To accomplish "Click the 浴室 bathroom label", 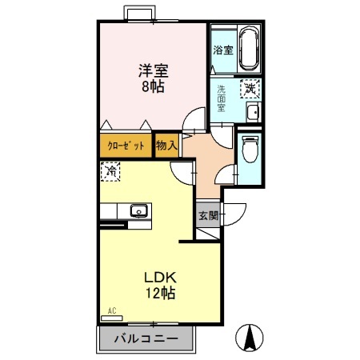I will click(x=222, y=50).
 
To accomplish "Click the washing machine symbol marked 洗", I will click(x=250, y=89).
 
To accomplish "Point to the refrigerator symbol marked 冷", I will click(x=111, y=171).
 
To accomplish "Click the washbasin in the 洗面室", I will click(x=252, y=112).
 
